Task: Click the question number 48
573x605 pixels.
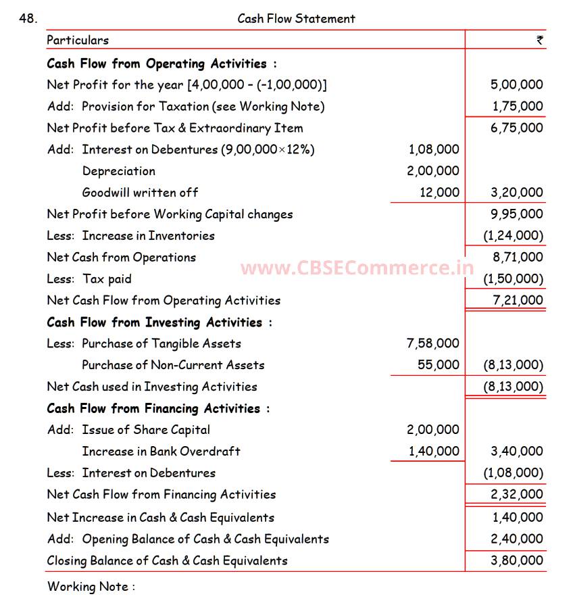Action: (28, 18)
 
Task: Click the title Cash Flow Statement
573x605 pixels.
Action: (296, 18)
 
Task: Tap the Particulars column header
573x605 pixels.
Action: (78, 40)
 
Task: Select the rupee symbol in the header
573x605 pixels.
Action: (539, 40)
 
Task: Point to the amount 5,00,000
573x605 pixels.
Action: (516, 84)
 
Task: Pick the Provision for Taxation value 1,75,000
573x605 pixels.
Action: (517, 106)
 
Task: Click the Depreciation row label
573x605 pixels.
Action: (118, 171)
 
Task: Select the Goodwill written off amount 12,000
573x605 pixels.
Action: (439, 193)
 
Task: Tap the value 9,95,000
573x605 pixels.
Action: (517, 214)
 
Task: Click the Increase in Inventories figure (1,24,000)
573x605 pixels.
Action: (513, 236)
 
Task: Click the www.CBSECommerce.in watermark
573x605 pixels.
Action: (357, 268)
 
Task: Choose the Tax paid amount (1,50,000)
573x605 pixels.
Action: (513, 279)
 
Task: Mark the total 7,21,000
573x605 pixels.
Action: (517, 300)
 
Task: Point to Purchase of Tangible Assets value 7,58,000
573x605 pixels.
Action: (432, 343)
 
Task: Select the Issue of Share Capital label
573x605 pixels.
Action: (146, 430)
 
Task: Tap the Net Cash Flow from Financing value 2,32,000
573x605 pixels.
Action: (517, 494)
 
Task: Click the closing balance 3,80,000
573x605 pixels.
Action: (517, 560)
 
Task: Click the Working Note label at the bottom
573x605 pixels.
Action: (91, 586)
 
